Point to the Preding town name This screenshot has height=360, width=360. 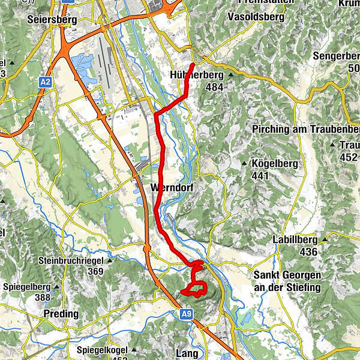pos(61,314)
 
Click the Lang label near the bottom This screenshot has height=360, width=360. pos(187,353)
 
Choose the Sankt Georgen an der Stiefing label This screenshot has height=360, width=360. pos(287,281)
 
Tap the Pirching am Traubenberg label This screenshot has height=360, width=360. pos(306,130)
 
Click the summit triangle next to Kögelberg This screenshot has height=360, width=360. pos(244,164)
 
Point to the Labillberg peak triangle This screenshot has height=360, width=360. pos(325,241)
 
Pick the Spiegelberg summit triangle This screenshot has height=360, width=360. pos(56,286)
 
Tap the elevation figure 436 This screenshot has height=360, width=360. pos(308,252)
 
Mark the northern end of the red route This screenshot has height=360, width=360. pos(193,64)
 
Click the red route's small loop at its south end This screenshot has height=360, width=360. pos(194,289)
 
